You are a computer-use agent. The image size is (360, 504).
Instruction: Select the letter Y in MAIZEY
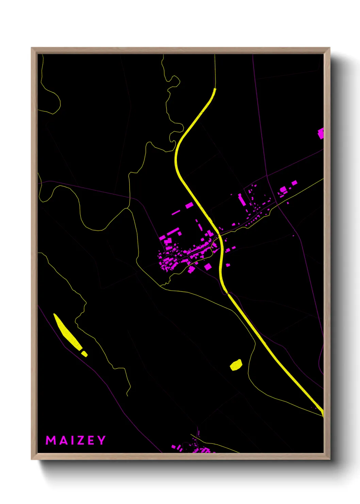pos(101,440)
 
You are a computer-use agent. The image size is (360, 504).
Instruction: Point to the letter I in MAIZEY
pos(71,440)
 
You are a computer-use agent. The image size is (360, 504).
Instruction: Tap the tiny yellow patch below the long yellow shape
pos(84,354)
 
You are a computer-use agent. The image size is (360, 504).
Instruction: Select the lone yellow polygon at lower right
pos(236,365)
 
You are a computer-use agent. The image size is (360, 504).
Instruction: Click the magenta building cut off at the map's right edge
pos(321,133)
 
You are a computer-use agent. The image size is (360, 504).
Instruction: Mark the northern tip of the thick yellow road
pos(215,89)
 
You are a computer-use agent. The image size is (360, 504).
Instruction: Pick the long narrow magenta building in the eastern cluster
pos(242,200)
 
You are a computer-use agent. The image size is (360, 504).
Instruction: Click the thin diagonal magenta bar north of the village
pos(176,212)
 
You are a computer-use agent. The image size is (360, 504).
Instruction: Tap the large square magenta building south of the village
pos(208,267)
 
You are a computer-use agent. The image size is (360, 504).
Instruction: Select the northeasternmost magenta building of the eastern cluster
pos(294,183)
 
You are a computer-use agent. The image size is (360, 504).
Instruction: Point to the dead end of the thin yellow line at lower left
pos(127,395)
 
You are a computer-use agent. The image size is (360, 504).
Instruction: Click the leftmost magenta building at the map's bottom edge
pos(174,446)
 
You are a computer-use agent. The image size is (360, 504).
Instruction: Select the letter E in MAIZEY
pos(91,440)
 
